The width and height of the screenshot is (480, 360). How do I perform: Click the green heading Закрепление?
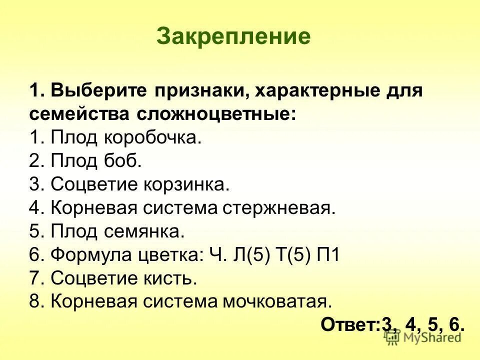pyautogui.click(x=233, y=36)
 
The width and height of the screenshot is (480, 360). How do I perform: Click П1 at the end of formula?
pyautogui.click(x=327, y=255)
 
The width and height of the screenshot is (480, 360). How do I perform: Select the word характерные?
pyautogui.click(x=309, y=91)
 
